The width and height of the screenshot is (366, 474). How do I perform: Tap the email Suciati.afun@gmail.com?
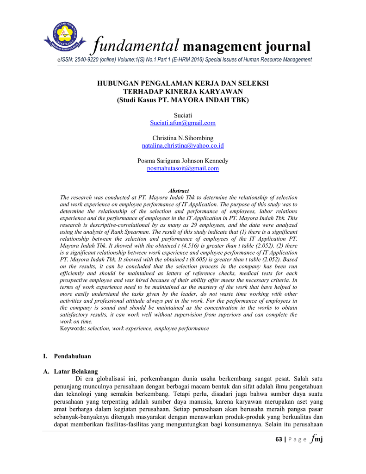(x=183, y=123)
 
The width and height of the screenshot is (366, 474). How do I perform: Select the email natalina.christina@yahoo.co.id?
(x=183, y=146)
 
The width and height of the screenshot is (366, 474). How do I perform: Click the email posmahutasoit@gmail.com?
(x=183, y=168)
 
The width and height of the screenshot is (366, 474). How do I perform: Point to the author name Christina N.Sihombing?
(x=183, y=138)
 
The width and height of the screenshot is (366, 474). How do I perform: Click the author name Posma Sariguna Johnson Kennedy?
(x=183, y=161)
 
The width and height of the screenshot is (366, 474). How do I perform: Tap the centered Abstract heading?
(x=179, y=191)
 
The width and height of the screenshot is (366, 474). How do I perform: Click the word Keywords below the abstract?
(x=73, y=328)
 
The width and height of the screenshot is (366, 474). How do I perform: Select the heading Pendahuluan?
(x=73, y=356)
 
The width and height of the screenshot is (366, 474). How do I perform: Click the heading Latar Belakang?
(x=76, y=371)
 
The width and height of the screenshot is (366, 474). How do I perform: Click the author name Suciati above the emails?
(x=183, y=115)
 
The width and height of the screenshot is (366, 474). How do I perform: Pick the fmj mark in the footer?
(x=316, y=439)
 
